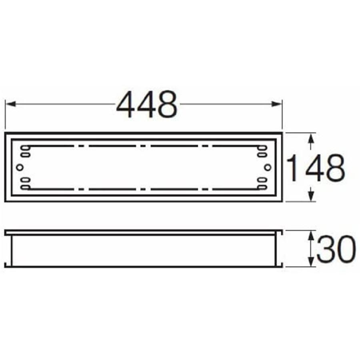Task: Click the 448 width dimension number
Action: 147,104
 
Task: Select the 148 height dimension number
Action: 316,168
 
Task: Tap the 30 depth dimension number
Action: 336,249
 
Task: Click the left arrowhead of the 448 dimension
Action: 11,104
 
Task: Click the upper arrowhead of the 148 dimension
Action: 311,139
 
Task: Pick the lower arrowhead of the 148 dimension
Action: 311,196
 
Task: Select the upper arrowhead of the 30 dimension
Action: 311,236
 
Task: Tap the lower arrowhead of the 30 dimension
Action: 311,262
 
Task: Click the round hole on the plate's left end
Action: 20,167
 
